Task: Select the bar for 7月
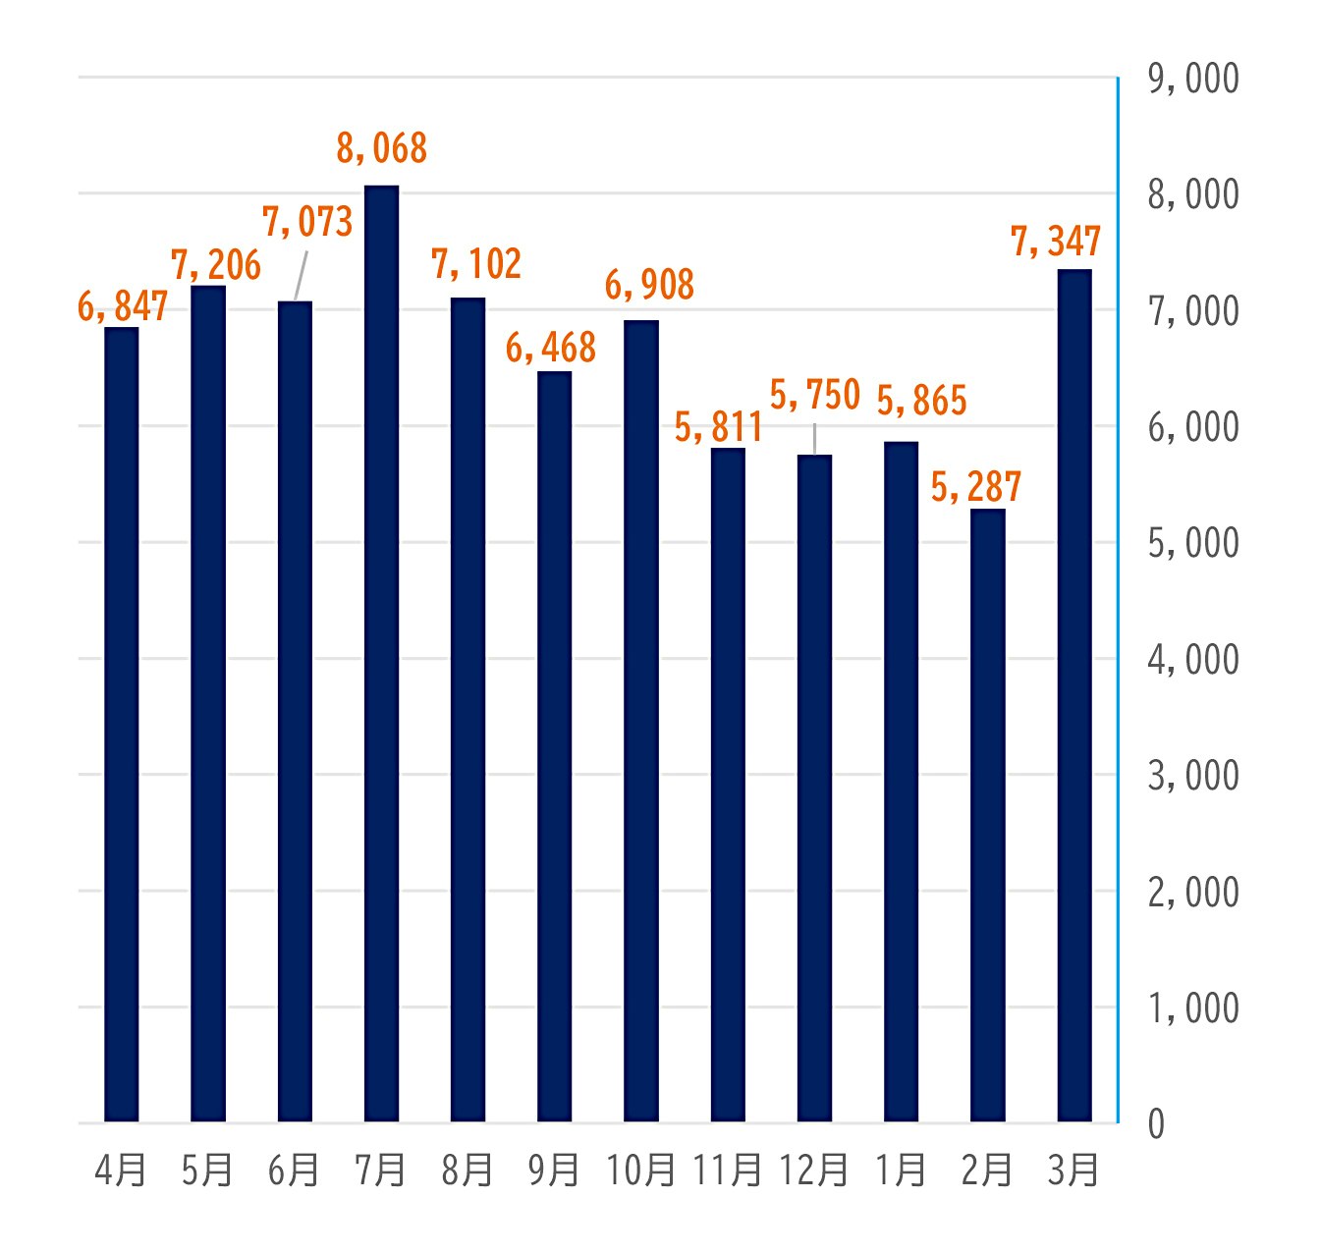[381, 653]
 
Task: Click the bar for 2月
[987, 815]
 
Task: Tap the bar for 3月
[1073, 695]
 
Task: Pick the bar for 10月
[641, 721]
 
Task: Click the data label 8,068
[381, 148]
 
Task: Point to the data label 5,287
[975, 486]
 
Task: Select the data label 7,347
[1056, 242]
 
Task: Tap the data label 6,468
[550, 348]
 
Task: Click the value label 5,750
[814, 395]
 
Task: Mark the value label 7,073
[306, 222]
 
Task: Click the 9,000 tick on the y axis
[1192, 79]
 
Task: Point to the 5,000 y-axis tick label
[1192, 543]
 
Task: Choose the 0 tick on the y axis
[1156, 1124]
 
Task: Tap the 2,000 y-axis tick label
[1192, 893]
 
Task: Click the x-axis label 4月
[121, 1171]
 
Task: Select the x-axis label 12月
[813, 1171]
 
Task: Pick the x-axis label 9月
[553, 1171]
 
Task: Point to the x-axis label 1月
[900, 1171]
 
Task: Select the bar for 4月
[122, 724]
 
